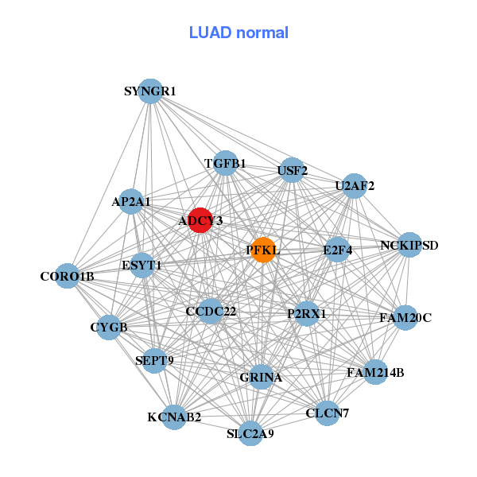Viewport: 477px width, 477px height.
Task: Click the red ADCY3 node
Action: pos(200,219)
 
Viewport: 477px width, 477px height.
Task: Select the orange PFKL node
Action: pos(262,250)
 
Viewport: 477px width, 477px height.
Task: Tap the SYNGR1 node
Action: pos(149,91)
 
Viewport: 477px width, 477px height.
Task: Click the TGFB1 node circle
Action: pos(226,163)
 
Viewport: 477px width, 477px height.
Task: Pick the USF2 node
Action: pos(293,169)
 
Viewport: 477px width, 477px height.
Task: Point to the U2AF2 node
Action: pos(354,186)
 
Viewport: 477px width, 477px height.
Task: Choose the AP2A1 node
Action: pos(131,201)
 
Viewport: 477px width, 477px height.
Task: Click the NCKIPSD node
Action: pos(409,244)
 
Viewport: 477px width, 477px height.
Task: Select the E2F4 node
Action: pos(337,250)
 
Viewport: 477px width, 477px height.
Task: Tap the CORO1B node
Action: pos(68,276)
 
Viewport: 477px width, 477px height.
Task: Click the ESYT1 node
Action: pos(142,265)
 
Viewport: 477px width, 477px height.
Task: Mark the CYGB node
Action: pos(108,326)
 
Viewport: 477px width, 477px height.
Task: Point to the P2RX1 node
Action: pos(306,314)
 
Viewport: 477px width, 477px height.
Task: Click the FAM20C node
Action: pos(405,318)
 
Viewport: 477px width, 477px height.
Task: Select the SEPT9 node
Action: pos(154,360)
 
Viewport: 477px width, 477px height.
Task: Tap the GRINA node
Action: pos(261,377)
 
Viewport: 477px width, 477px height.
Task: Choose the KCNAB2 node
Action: pos(174,416)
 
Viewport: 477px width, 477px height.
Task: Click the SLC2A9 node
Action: pos(250,433)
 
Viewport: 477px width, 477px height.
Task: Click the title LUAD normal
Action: pos(238,33)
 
